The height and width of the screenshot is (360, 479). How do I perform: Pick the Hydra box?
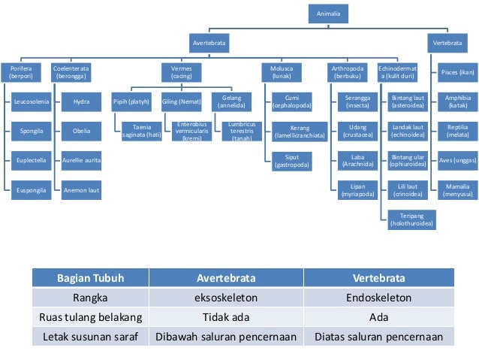(82, 101)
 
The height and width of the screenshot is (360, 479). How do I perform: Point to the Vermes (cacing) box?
(181, 72)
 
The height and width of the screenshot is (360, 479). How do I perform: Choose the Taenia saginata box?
(142, 129)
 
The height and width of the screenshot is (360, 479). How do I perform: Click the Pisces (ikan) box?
(458, 72)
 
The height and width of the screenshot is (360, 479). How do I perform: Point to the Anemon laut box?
(82, 191)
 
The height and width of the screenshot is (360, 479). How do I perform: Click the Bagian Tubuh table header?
(92, 277)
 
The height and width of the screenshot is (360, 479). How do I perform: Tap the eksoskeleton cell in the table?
(226, 298)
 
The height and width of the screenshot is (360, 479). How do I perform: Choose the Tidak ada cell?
(226, 317)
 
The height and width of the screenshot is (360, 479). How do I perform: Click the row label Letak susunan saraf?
(92, 337)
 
